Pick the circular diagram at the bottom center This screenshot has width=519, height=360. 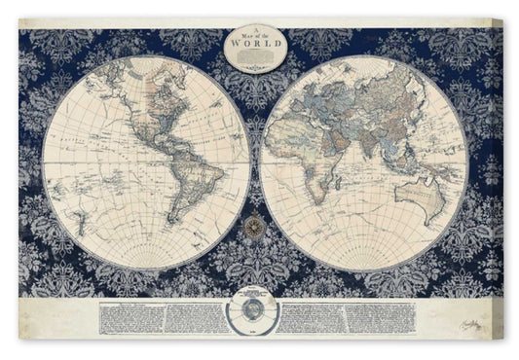tap(258, 316)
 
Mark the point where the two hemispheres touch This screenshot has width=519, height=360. tap(258, 160)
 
